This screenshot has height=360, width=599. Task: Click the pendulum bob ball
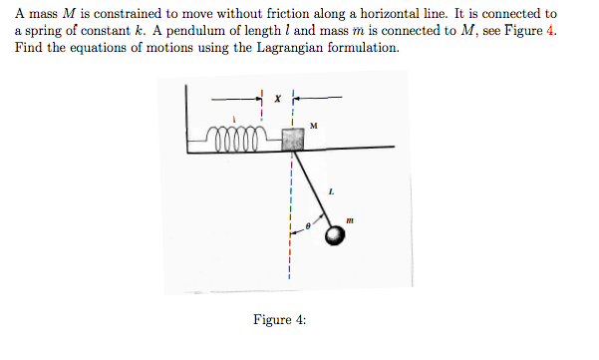(x=336, y=234)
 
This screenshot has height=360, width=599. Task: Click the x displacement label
(x=280, y=98)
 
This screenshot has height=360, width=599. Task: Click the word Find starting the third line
(x=27, y=49)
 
